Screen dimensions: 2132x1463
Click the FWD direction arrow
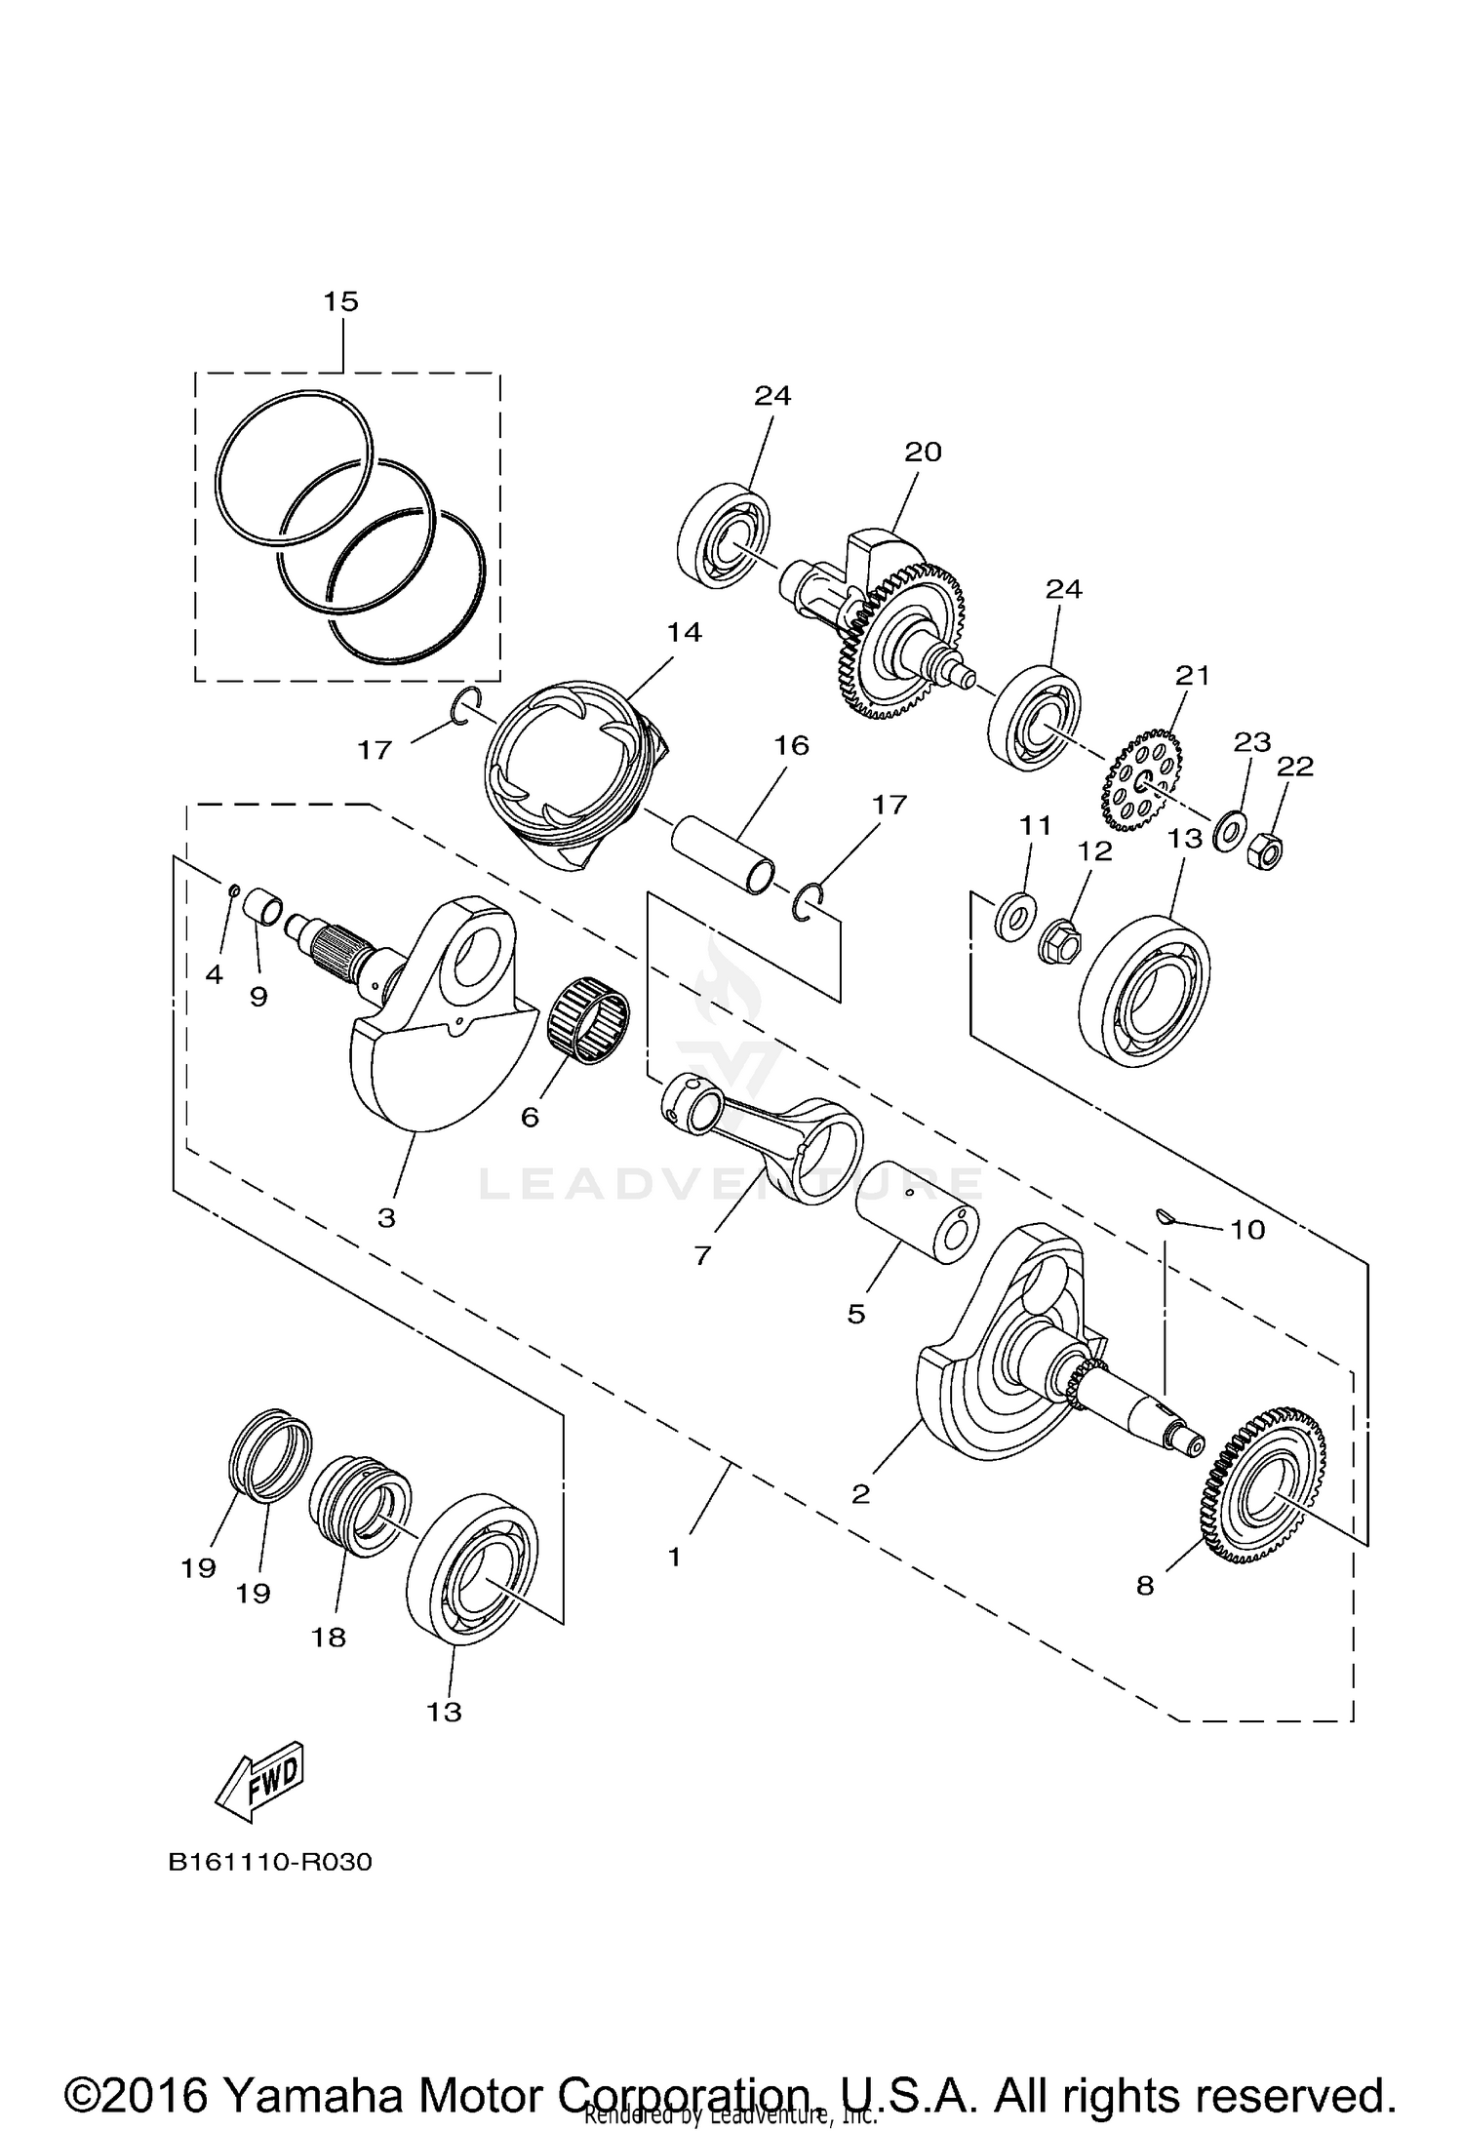[260, 1780]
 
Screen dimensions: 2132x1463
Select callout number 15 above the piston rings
[341, 301]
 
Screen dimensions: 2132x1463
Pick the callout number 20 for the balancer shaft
[923, 453]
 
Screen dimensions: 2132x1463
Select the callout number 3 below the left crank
[386, 1218]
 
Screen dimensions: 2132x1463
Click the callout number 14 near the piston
[684, 633]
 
